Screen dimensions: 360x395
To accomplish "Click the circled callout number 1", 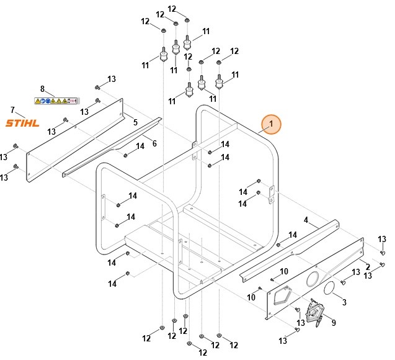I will click(271, 124).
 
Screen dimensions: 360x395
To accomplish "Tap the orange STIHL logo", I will click(22, 123).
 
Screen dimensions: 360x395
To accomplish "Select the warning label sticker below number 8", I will click(56, 100).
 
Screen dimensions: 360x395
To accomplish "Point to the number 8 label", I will click(42, 89).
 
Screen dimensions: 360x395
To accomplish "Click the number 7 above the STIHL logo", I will click(12, 110).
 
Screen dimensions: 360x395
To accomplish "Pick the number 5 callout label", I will click(135, 122).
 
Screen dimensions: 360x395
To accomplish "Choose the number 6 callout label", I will click(154, 143).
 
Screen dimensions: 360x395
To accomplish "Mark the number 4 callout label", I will click(306, 220).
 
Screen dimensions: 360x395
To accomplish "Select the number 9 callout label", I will click(334, 322).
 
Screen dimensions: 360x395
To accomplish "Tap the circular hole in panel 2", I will click(314, 277).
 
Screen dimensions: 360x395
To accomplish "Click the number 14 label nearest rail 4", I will click(293, 234).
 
